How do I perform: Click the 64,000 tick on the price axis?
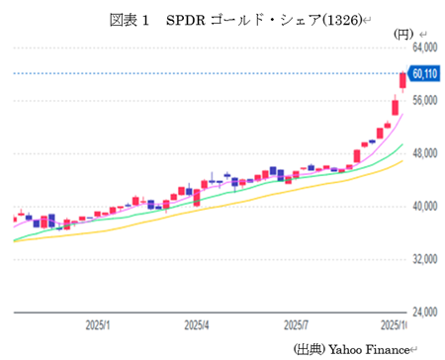point(424,46)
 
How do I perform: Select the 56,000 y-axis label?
point(424,100)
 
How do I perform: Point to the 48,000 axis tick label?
point(424,153)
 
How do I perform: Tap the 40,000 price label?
point(424,207)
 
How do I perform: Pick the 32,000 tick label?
point(424,259)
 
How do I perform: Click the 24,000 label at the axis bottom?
point(424,313)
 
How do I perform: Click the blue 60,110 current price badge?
point(425,73)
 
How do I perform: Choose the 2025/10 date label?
point(396,324)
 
